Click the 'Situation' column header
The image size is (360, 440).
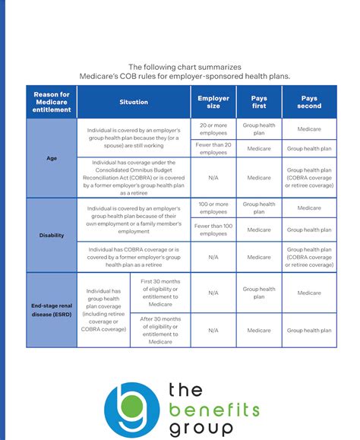pos(133,102)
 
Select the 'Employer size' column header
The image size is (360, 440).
pos(213,102)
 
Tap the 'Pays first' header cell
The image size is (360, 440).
pos(259,102)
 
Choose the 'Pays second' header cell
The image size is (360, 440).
pos(309,102)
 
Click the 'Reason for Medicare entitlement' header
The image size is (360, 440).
pos(52,102)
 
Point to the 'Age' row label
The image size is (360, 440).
pos(52,159)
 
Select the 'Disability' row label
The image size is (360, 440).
pos(52,236)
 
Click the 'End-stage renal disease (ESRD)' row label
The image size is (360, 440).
pos(52,310)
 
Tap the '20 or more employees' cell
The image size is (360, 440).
pos(213,129)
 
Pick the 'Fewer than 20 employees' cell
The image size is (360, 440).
pos(213,149)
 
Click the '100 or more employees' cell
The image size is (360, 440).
pos(213,208)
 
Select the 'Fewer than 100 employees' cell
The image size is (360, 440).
pos(213,229)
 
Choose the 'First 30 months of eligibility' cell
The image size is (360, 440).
pos(160,293)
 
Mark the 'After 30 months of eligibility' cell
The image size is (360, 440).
pos(160,331)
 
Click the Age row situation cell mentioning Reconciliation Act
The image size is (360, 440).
pos(133,179)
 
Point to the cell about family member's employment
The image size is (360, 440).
pos(133,219)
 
